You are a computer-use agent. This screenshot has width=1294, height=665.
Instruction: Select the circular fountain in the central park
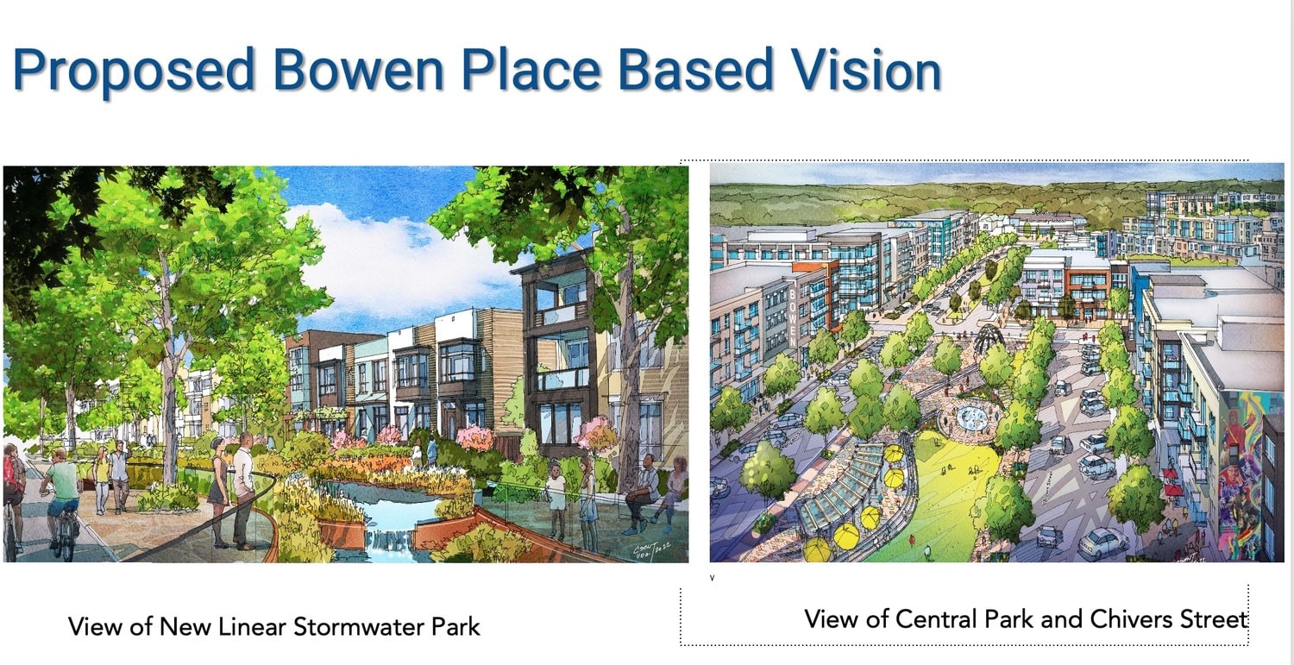click(975, 417)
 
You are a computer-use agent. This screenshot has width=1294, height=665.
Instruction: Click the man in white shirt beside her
click(243, 487)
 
